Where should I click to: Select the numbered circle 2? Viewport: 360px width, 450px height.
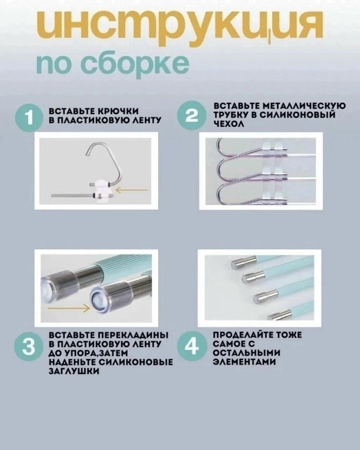coord(192,116)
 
